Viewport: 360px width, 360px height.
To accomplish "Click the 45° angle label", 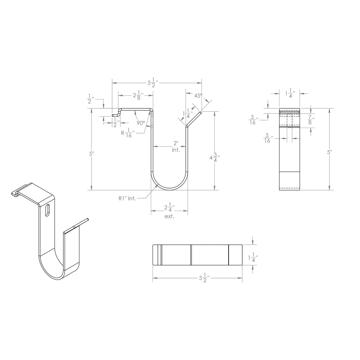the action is pos(198,96).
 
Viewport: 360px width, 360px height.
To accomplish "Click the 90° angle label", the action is pos(141,123).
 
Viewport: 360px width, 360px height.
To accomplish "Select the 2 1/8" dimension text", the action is pos(139,95).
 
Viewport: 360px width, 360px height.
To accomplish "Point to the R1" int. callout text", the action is pos(127,198).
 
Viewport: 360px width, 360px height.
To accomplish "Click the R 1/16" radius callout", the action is pos(128,133).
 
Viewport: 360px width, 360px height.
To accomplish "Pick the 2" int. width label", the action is pos(176,147).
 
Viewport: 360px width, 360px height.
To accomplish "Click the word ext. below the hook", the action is pos(169,216).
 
